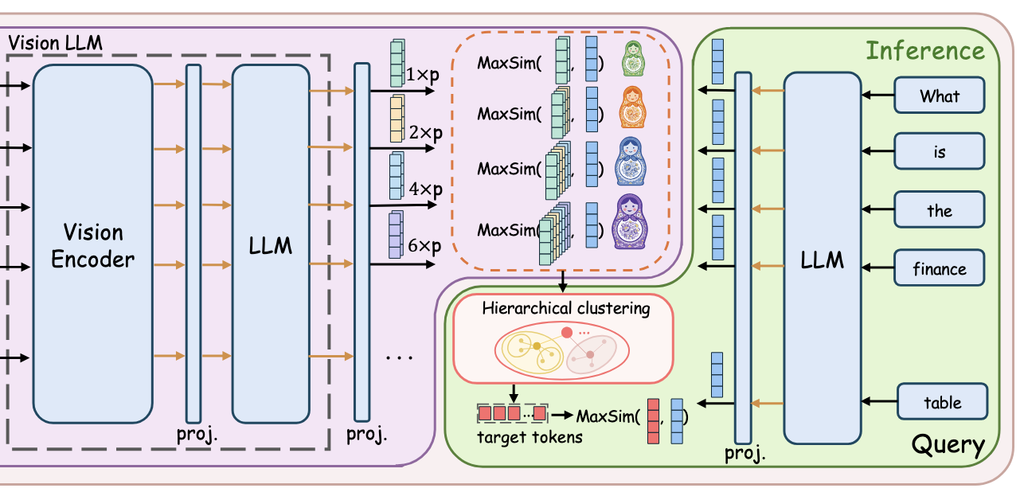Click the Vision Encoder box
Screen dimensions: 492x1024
(x=92, y=244)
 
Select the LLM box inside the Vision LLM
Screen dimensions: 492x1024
(x=270, y=244)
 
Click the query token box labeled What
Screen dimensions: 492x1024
(x=940, y=96)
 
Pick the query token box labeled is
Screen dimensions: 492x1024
(x=940, y=151)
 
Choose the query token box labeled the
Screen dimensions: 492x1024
(x=940, y=210)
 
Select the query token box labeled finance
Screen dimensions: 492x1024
(x=940, y=268)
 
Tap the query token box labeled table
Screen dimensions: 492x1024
(x=942, y=402)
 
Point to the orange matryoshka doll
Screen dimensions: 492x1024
(x=631, y=107)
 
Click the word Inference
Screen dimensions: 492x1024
(x=924, y=51)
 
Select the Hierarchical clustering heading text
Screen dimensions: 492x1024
(x=565, y=308)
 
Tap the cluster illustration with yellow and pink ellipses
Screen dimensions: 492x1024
(x=561, y=349)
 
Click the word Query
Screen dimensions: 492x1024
(x=947, y=444)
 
